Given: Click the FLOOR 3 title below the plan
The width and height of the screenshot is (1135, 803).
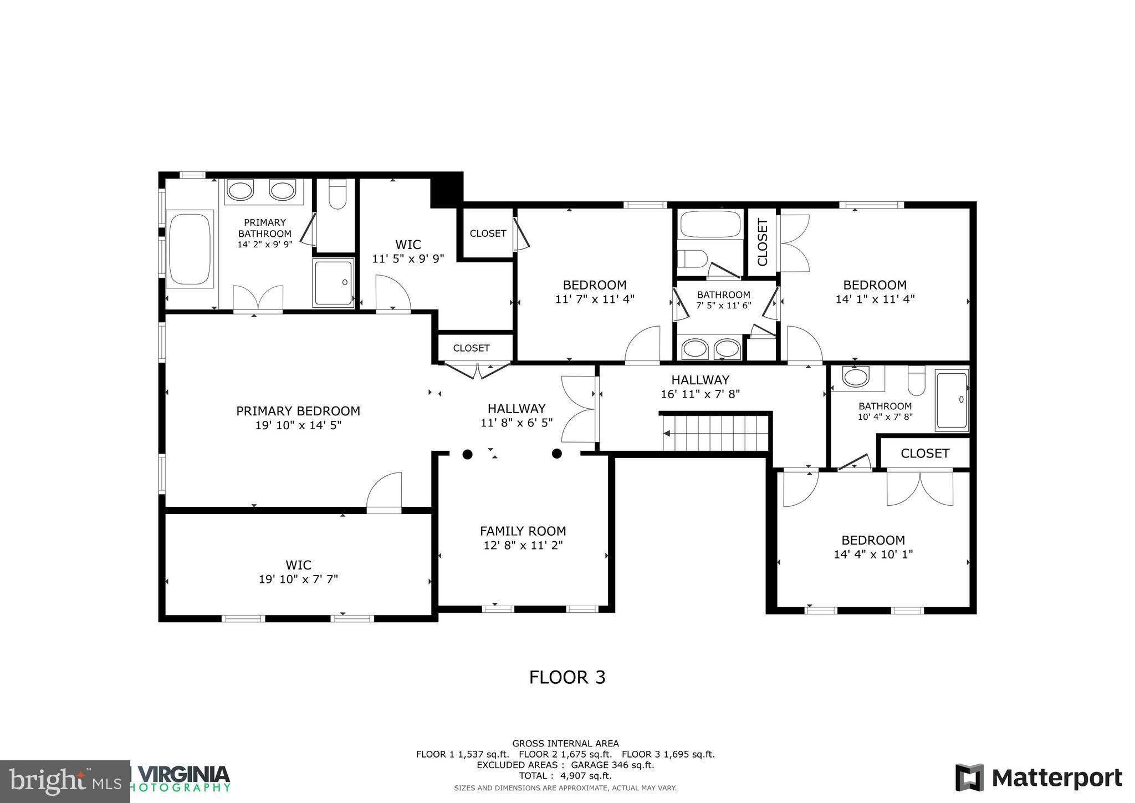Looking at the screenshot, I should click(x=567, y=677).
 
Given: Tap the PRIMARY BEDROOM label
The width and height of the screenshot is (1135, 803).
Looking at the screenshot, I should click(x=298, y=411).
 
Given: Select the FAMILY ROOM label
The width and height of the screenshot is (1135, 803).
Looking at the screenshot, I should click(x=523, y=531).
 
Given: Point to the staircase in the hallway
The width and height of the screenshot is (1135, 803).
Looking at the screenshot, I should click(x=716, y=433).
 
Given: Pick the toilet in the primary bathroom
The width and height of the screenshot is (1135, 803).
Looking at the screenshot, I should click(x=337, y=195).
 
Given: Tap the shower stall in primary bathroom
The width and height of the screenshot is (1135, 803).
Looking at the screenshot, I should click(x=334, y=283).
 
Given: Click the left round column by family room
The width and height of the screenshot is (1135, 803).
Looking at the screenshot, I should click(x=467, y=454).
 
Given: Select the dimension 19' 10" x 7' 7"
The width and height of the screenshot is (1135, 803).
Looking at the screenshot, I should click(x=298, y=580).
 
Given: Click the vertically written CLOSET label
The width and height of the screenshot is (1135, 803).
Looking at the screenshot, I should click(x=762, y=242).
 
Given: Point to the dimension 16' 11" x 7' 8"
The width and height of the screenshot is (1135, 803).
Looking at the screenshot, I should click(x=700, y=394).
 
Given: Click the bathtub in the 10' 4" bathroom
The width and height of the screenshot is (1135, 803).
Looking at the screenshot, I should click(x=952, y=400).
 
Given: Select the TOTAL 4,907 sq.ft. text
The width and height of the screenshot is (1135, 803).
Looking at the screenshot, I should click(x=565, y=776).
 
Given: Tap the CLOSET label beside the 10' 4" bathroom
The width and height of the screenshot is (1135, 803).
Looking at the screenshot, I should click(x=924, y=453).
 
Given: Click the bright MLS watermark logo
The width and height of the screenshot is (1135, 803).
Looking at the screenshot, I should click(x=65, y=781).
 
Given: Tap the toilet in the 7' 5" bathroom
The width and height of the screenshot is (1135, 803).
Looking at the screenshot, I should click(x=693, y=258).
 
